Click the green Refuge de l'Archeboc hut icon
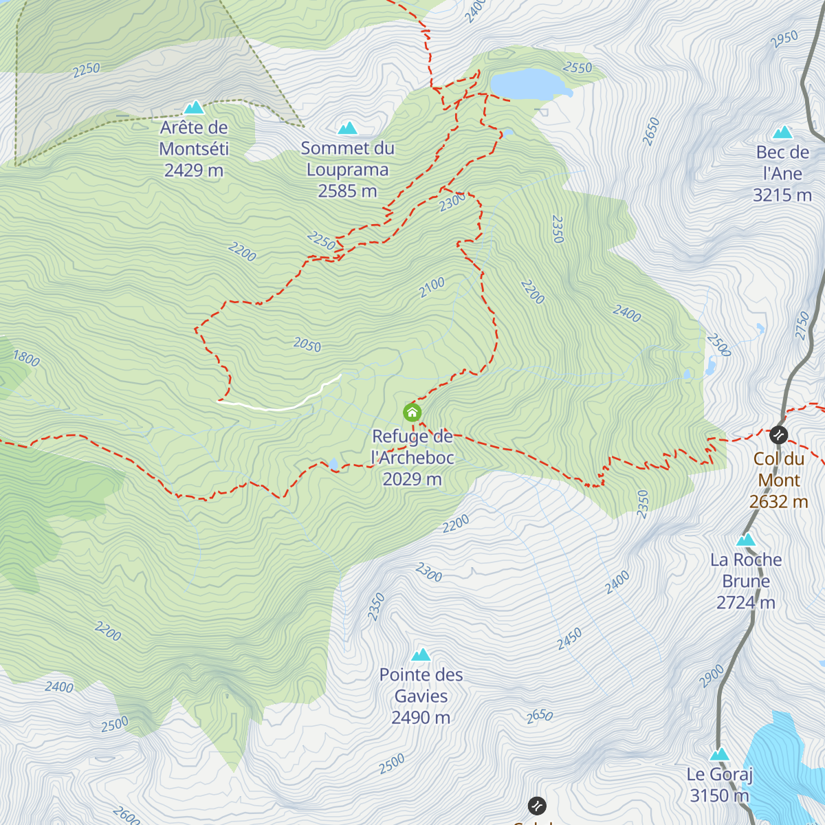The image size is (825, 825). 412,412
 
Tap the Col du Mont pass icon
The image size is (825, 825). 778,434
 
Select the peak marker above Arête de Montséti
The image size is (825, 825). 194,107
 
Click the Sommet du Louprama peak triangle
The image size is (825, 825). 348,128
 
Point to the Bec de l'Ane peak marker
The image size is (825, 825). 782,132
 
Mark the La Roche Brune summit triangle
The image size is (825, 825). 746,540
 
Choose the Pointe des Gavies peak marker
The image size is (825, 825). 421,654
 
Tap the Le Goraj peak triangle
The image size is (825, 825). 719,754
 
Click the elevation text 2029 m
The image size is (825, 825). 412,479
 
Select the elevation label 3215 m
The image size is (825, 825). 782,195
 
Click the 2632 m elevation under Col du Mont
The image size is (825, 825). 778,502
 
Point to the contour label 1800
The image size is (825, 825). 26,358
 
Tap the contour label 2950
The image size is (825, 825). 784,39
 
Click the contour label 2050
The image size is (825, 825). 307,344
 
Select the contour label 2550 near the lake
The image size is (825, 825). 577,67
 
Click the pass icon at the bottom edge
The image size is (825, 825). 537,805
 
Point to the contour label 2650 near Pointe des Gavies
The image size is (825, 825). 540,716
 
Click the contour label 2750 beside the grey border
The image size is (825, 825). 802,325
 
